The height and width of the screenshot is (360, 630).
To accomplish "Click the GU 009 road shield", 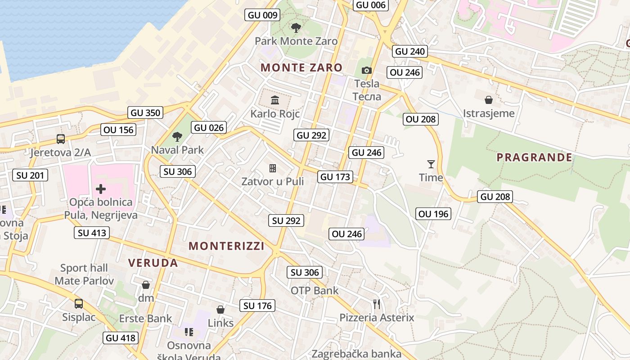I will (x=263, y=15).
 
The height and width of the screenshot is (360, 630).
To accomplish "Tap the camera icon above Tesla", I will (x=367, y=70).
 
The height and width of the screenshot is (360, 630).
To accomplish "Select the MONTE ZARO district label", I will (x=301, y=67).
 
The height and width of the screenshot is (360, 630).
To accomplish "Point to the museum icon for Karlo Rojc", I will (x=275, y=100).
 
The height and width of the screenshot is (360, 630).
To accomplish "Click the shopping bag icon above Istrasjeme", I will (x=489, y=99).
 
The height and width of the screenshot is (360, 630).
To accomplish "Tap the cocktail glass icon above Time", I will (x=431, y=164).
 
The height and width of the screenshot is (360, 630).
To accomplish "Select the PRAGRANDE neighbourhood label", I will (x=534, y=157).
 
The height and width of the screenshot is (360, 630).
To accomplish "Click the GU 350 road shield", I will (x=146, y=112).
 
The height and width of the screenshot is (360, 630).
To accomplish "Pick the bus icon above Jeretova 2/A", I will (x=60, y=139).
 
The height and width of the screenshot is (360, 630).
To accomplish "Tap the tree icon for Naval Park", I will (x=177, y=136).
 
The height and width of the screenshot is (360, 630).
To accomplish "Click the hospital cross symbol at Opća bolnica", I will (x=101, y=189).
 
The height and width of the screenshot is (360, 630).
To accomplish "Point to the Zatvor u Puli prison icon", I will (x=273, y=168).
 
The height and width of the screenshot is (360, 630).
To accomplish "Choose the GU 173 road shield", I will (x=335, y=177).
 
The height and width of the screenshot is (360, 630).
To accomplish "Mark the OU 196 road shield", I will (x=433, y=214).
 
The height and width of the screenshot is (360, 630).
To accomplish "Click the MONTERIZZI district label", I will (x=226, y=246).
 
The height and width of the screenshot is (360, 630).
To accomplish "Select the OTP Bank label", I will (x=315, y=290).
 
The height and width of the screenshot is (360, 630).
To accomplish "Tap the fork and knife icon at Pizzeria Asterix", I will (x=377, y=304).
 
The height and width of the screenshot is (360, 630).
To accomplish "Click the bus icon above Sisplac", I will (x=79, y=304).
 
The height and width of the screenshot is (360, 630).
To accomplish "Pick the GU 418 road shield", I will (x=120, y=337).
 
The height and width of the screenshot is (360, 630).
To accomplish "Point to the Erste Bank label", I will (x=145, y=319).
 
